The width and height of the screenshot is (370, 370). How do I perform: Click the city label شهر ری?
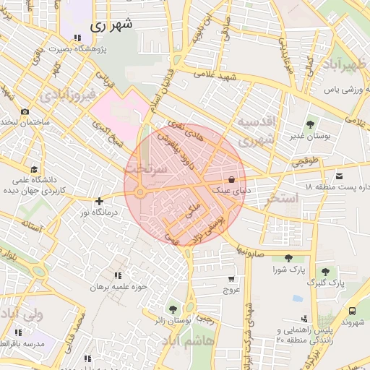[x=112, y=25]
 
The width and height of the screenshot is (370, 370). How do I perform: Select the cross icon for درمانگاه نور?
[x=99, y=200]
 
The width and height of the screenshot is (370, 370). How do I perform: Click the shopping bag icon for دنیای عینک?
[x=231, y=178]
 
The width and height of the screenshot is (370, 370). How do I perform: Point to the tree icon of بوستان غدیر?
[x=311, y=124]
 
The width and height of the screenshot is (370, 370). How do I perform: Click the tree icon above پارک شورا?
[x=288, y=258]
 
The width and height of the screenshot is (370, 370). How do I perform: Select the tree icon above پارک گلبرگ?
[x=326, y=271]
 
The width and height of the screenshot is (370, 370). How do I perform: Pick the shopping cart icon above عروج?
[x=231, y=279]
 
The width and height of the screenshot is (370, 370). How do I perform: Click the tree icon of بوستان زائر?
[x=172, y=309]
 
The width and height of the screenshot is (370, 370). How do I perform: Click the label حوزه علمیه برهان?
[x=118, y=287]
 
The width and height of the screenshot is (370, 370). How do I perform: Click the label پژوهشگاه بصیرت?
[x=101, y=49]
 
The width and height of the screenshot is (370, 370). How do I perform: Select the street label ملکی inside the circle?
[x=192, y=211]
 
